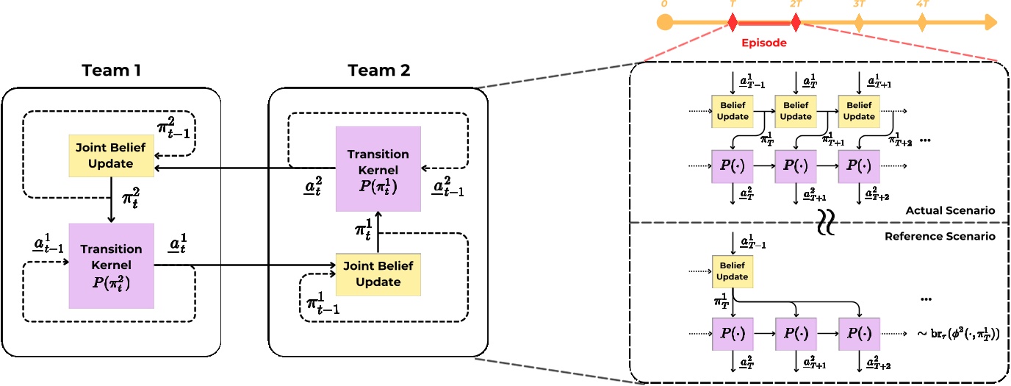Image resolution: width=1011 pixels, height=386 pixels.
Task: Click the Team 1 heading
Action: coord(111,71)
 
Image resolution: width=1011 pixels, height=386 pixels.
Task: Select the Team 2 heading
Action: coord(378,71)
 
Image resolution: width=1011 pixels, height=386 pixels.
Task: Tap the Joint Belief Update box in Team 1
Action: coord(111,156)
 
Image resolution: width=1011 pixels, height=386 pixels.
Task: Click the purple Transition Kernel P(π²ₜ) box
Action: coord(111,265)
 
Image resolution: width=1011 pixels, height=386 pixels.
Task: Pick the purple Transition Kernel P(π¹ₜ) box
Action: coord(378,169)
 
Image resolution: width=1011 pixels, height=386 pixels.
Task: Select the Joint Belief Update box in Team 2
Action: coord(379,274)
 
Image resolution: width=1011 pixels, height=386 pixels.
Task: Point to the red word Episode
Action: coord(763,43)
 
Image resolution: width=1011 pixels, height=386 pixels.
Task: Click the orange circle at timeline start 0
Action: coord(664,22)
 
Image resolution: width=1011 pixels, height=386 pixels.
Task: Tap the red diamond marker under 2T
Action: coord(796,22)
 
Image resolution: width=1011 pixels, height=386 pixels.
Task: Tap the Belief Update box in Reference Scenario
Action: coord(733,271)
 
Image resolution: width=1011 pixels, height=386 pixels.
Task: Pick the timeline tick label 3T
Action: coord(860,4)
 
